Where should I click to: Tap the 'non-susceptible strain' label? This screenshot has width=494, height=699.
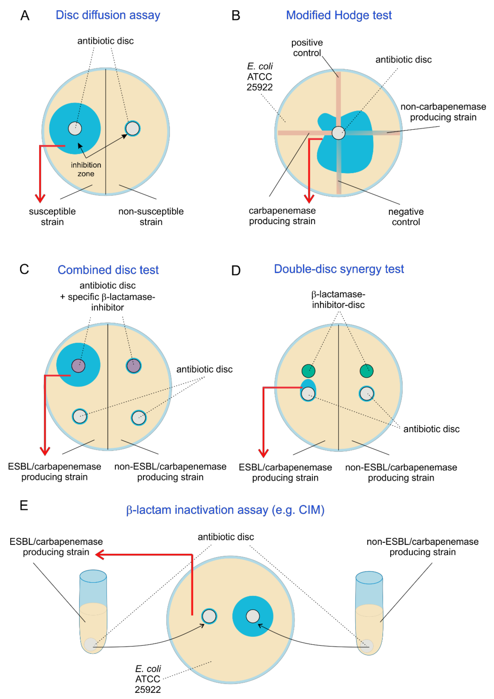151,216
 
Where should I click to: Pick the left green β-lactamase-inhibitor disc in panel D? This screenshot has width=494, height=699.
308,371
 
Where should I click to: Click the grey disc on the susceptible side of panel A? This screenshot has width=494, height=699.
75,129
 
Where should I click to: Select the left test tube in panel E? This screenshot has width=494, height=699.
93,612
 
